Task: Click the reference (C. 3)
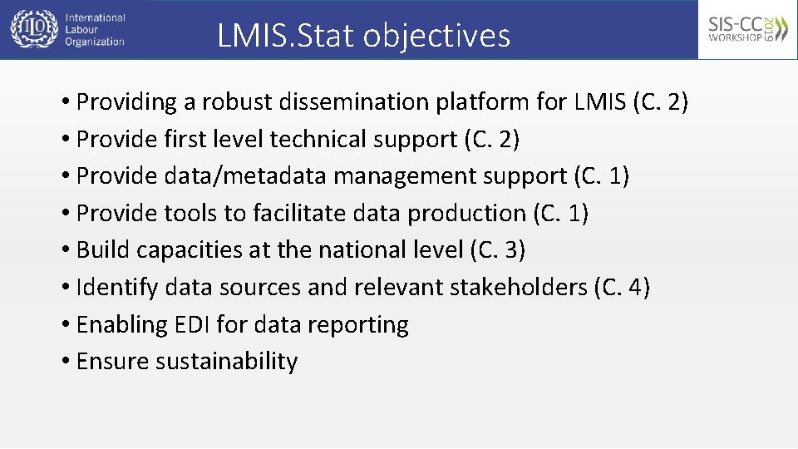click(497, 250)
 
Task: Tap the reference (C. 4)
click(622, 288)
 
